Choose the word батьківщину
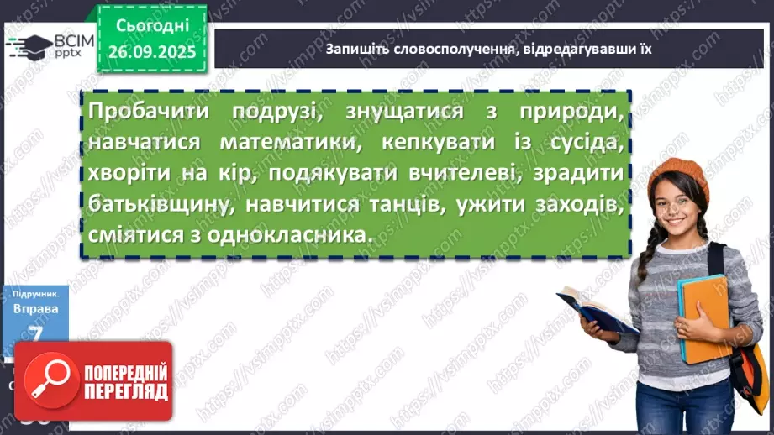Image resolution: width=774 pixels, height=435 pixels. tap(151, 204)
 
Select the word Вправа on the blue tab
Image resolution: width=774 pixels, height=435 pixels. tap(35, 309)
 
